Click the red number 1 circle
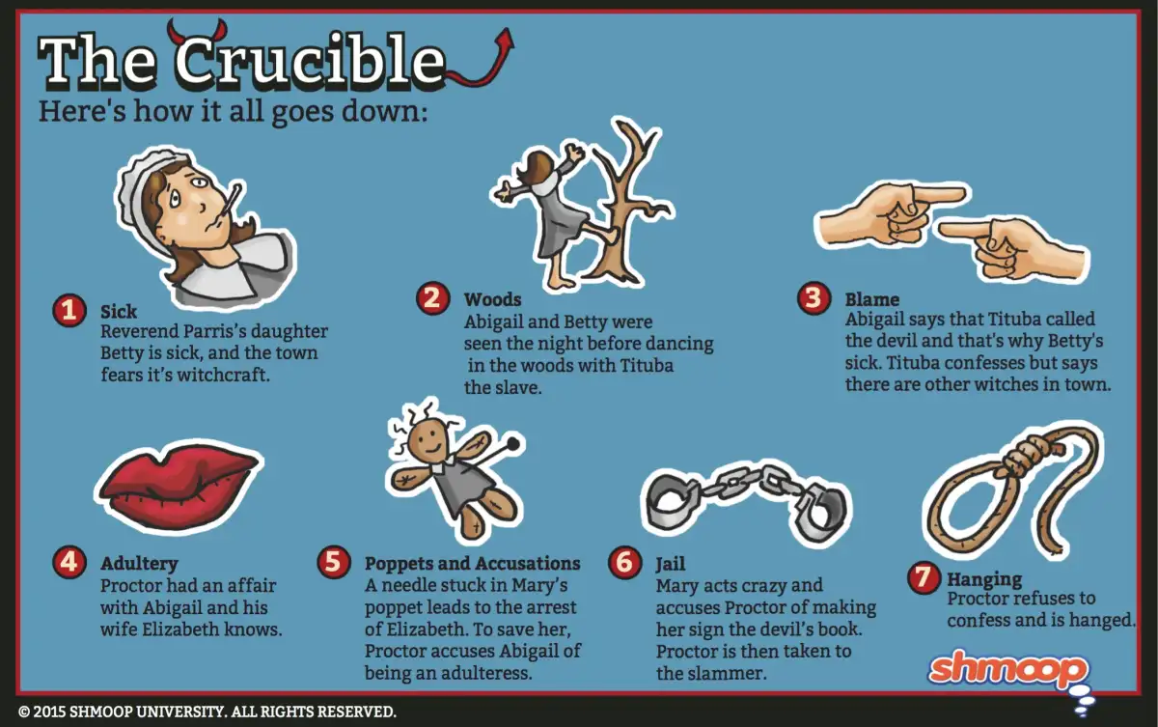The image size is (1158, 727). click(x=69, y=311)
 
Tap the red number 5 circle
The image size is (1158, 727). click(x=334, y=562)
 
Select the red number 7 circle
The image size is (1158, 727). click(x=924, y=577)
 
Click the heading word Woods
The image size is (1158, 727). click(x=493, y=299)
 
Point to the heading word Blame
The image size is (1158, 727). click(x=872, y=299)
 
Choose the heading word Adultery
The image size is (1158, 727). click(x=139, y=564)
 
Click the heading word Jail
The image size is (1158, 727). click(x=671, y=564)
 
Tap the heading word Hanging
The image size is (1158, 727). click(x=984, y=579)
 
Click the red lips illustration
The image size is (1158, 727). click(x=179, y=486)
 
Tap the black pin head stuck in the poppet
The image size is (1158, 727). click(x=512, y=443)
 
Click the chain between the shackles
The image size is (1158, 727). click(x=742, y=480)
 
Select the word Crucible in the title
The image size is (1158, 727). click(x=310, y=61)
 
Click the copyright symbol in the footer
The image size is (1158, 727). click(x=24, y=712)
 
